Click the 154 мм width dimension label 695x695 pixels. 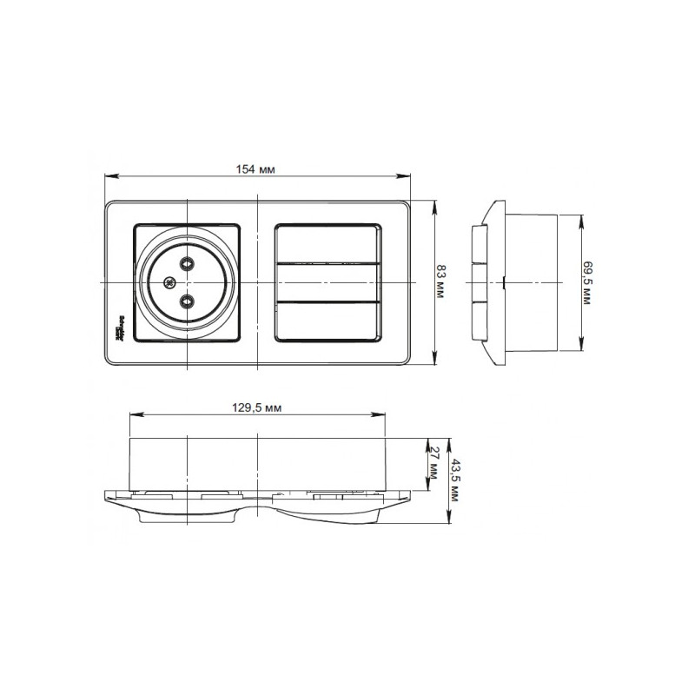point(256,169)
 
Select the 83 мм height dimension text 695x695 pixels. point(440,283)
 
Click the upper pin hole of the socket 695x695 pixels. point(187,263)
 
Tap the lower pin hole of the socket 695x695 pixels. point(187,301)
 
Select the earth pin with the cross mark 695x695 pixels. point(169,282)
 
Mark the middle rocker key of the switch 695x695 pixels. point(328,282)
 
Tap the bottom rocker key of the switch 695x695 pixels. point(328,321)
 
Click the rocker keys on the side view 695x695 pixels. point(477,282)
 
